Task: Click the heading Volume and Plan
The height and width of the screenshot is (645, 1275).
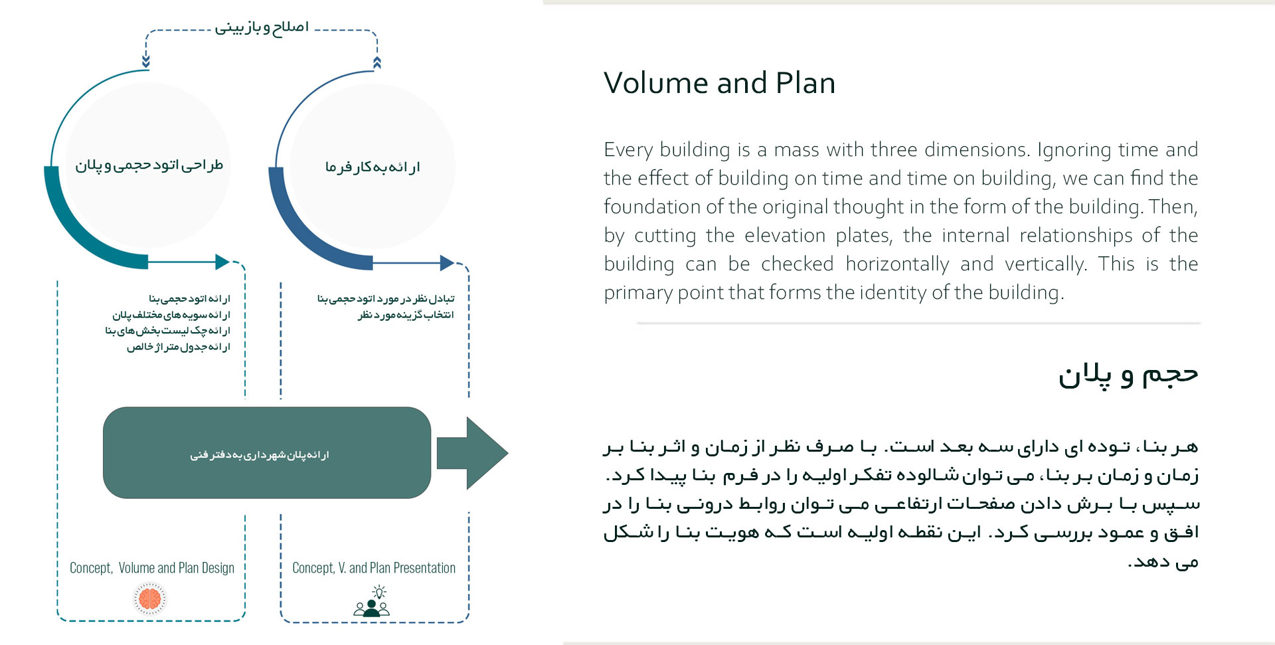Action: click(719, 84)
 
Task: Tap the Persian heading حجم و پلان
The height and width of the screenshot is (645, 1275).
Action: click(1128, 375)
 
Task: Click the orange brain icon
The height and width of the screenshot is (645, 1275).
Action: click(150, 599)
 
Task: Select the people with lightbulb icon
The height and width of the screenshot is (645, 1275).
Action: click(372, 602)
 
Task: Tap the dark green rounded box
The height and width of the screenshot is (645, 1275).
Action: click(266, 453)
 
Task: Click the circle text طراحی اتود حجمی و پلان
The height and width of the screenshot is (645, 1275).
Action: click(149, 165)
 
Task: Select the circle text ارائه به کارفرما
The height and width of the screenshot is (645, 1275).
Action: click(373, 167)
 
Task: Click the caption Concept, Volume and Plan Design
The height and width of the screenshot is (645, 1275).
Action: click(152, 568)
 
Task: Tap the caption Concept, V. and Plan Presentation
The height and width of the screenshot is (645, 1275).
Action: click(374, 568)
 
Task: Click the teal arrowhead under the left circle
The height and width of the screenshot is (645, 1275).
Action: click(222, 262)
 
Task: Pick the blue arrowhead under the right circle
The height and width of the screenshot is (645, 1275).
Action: click(447, 263)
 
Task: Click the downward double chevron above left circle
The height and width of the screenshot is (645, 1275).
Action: click(146, 62)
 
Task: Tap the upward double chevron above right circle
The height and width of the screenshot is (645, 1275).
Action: click(377, 63)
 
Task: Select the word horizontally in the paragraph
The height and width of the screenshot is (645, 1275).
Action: click(897, 264)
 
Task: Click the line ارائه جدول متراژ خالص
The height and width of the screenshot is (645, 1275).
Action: click(179, 347)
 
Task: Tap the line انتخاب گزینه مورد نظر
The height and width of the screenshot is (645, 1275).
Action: click(406, 315)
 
